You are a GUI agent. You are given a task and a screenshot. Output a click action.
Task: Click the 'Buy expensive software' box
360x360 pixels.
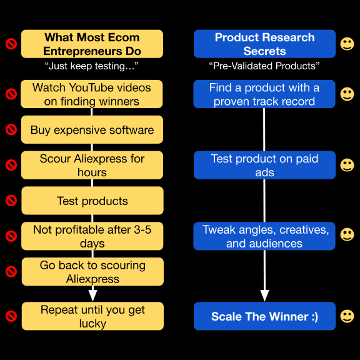click(x=92, y=130)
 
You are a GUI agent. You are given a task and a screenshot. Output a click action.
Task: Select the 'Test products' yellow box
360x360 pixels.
click(x=92, y=201)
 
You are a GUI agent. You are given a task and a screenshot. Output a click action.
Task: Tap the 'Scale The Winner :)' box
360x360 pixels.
click(x=264, y=316)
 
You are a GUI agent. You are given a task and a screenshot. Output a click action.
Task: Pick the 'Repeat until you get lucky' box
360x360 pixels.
click(x=92, y=316)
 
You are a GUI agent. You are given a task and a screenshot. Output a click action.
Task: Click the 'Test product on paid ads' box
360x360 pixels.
click(x=264, y=165)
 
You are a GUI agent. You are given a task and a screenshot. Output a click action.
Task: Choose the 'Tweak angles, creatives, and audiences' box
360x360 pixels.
click(x=264, y=236)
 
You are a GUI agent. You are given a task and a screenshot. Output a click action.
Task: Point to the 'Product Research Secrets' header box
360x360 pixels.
click(x=264, y=44)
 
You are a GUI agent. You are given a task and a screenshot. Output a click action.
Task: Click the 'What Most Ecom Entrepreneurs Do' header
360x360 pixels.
click(x=92, y=44)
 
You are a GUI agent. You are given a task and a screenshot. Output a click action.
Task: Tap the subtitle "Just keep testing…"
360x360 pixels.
click(x=91, y=66)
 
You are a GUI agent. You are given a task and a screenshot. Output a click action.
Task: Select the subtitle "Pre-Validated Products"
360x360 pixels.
click(x=264, y=66)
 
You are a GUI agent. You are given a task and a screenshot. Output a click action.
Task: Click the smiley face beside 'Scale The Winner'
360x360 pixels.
click(x=347, y=316)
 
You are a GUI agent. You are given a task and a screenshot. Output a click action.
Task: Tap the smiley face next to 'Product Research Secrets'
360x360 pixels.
click(x=347, y=44)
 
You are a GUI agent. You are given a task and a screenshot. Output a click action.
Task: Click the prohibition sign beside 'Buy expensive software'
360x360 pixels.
click(x=11, y=130)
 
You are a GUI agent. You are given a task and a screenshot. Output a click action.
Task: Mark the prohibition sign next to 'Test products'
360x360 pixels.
click(x=11, y=201)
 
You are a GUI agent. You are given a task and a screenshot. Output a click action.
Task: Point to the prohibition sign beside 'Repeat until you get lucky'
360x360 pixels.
click(x=11, y=316)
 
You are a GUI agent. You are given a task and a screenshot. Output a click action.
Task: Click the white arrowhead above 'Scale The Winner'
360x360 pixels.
click(x=264, y=296)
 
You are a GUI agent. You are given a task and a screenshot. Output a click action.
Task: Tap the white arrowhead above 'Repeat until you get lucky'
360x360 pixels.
click(x=92, y=296)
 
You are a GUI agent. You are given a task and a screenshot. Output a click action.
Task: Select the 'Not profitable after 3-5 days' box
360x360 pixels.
click(x=92, y=236)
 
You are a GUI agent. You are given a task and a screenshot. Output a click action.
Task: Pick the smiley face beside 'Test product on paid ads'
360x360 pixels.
click(x=347, y=165)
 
